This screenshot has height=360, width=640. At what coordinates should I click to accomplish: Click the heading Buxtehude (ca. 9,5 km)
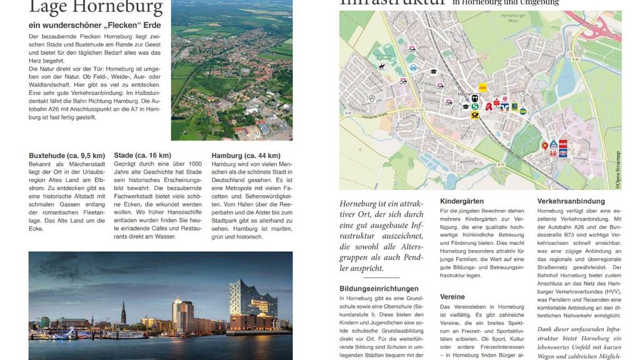pos(67,156)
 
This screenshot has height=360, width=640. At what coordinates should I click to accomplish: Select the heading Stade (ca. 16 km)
pos(142,156)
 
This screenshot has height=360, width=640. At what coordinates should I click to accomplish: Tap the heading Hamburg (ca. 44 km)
pos(246,156)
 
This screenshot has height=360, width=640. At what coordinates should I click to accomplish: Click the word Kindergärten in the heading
pos(462,201)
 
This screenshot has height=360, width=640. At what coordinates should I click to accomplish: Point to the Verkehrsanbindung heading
pos(571,201)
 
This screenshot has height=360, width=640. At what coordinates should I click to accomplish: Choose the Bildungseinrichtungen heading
pos(379,289)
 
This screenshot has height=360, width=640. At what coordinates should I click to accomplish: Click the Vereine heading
pos(452,297)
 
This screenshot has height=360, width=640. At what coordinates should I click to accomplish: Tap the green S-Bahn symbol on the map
pos(475,107)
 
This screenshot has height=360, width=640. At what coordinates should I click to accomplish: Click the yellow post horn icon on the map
pos(475,116)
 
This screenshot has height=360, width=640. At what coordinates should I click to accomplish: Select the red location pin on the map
pos(544,146)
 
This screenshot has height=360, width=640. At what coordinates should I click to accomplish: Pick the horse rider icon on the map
pos(381,66)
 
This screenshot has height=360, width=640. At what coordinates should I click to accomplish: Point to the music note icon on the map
pos(372,98)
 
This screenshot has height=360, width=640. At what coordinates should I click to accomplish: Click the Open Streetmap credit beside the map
pos(617,169)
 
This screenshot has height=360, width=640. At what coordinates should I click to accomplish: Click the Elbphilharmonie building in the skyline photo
pos(252,304)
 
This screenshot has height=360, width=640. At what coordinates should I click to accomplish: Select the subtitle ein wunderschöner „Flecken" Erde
pos(95,26)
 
